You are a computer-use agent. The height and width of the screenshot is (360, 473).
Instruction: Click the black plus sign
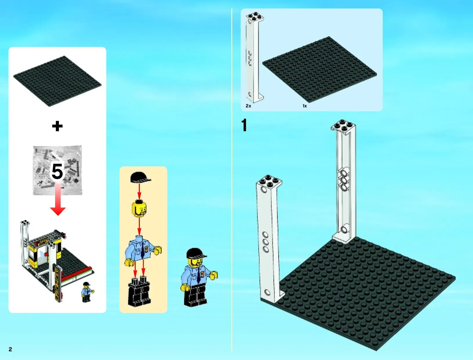(x=57, y=126)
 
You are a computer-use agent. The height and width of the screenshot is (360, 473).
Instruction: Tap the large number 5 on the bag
(x=57, y=171)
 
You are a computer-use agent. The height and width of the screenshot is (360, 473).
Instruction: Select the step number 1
(x=244, y=125)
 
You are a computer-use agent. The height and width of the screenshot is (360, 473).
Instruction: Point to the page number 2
(x=10, y=349)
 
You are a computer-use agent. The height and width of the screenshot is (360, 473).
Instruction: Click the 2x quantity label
(x=248, y=106)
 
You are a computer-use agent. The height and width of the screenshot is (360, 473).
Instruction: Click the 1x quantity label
(x=305, y=106)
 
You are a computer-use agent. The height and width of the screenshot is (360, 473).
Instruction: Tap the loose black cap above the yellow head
(x=140, y=177)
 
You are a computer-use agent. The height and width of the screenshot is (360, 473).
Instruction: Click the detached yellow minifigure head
(x=139, y=209)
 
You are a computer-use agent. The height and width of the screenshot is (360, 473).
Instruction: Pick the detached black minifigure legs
(x=139, y=291)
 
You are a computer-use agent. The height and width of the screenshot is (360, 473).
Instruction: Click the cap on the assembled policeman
(x=196, y=253)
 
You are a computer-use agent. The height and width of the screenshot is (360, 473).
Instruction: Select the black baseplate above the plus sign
(x=57, y=81)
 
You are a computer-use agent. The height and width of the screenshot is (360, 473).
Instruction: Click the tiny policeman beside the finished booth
(x=87, y=292)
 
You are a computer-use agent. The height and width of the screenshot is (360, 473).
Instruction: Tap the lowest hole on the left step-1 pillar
(x=267, y=293)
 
